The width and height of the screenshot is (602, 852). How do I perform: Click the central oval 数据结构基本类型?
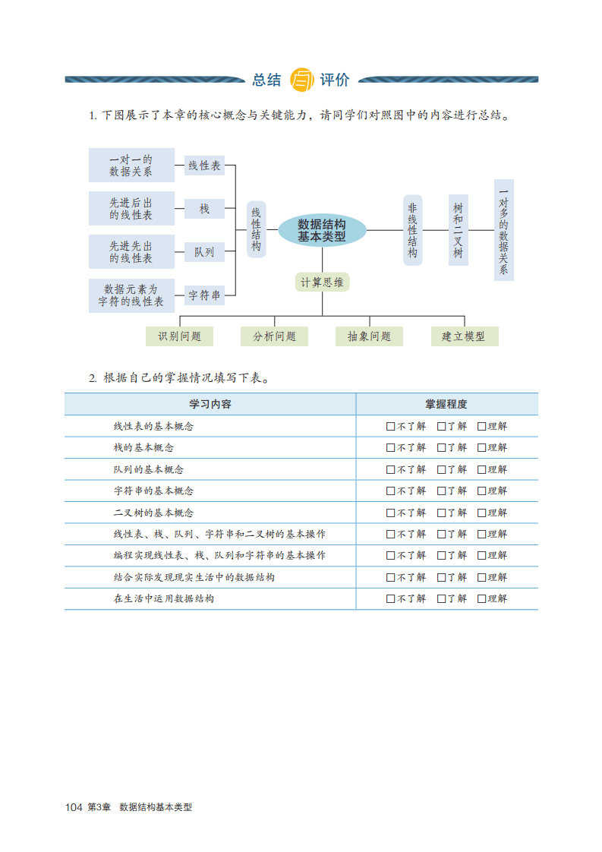pyautogui.click(x=322, y=230)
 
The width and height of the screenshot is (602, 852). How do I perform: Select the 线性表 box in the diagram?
pyautogui.click(x=204, y=165)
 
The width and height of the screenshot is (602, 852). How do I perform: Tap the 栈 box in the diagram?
pyautogui.click(x=204, y=208)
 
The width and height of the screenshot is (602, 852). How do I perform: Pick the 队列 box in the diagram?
pyautogui.click(x=204, y=251)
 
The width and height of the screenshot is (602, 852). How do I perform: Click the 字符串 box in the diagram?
pyautogui.click(x=204, y=295)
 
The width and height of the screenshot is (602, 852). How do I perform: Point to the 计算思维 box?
pyautogui.click(x=322, y=282)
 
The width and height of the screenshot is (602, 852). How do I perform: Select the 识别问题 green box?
pyautogui.click(x=180, y=336)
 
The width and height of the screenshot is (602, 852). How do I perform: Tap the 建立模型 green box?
pyautogui.click(x=464, y=336)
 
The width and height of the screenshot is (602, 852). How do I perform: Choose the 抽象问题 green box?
pyautogui.click(x=369, y=336)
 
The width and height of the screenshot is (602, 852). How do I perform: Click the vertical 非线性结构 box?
pyautogui.click(x=412, y=230)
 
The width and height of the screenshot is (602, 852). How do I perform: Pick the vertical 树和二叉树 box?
pyautogui.click(x=458, y=230)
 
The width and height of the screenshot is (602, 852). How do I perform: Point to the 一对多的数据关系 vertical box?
pyautogui.click(x=503, y=230)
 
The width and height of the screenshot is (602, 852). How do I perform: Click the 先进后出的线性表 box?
pyautogui.click(x=131, y=208)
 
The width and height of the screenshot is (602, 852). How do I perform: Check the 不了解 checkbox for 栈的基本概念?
pyautogui.click(x=390, y=448)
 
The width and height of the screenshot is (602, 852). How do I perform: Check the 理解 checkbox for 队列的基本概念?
pyautogui.click(x=481, y=469)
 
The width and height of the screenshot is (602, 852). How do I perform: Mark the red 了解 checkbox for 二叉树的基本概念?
pyautogui.click(x=441, y=513)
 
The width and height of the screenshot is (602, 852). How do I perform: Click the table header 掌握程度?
pyautogui.click(x=446, y=404)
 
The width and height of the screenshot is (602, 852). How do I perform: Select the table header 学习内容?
pyautogui.click(x=210, y=404)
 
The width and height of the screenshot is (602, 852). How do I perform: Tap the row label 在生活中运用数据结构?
pyautogui.click(x=164, y=598)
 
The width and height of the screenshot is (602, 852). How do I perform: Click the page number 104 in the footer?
pyautogui.click(x=74, y=807)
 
